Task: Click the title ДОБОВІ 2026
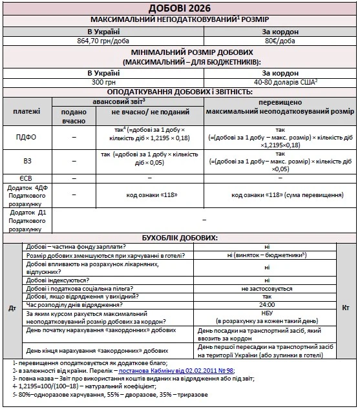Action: click(x=180, y=8)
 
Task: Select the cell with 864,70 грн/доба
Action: click(x=104, y=40)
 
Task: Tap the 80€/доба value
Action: click(x=279, y=40)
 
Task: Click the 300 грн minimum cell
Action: click(x=104, y=82)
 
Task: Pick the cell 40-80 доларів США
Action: click(x=279, y=82)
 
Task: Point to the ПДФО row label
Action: click(x=26, y=137)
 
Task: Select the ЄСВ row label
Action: click(x=26, y=178)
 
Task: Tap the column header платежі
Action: click(x=26, y=111)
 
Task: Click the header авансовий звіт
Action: click(x=129, y=101)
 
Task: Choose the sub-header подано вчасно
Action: click(x=74, y=116)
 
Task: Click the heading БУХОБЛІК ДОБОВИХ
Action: click(x=180, y=238)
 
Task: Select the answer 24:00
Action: click(x=267, y=304)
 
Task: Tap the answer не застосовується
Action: click(x=267, y=288)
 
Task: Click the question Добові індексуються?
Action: click(x=57, y=279)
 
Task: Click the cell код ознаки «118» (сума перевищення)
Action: click(x=279, y=194)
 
